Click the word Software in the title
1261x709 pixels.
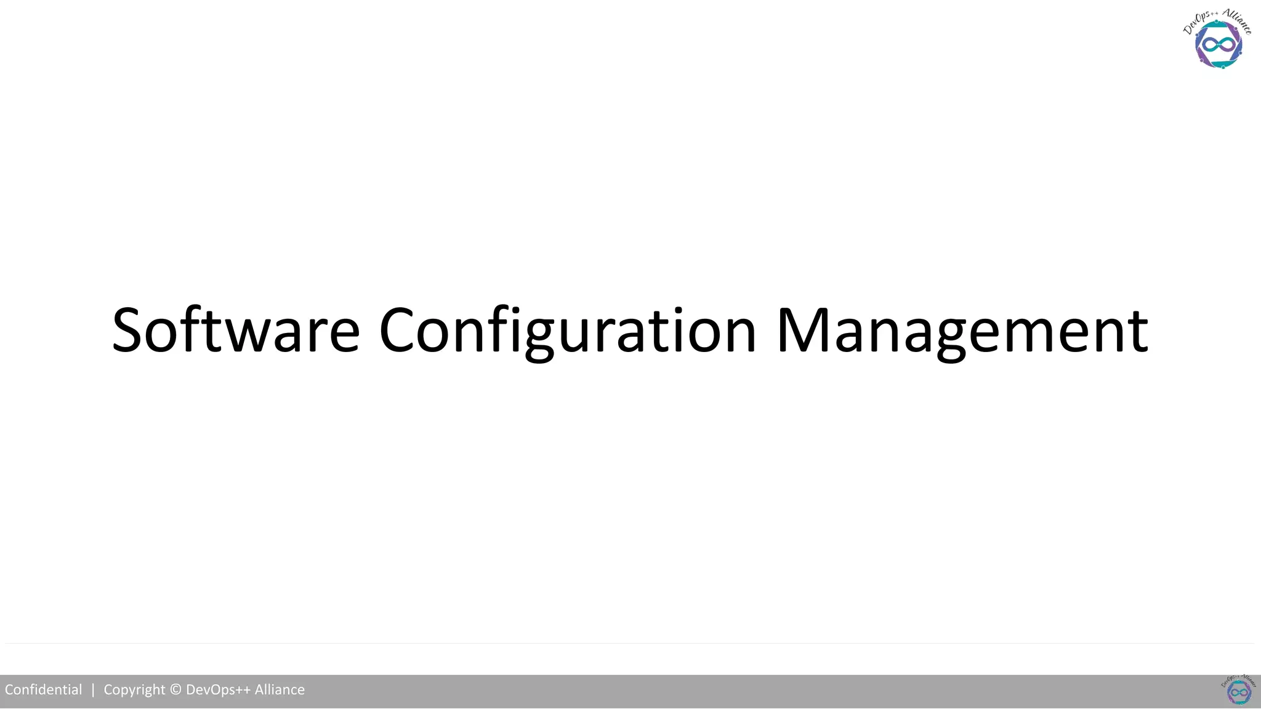point(235,330)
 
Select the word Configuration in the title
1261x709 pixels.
point(567,330)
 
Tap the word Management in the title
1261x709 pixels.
point(962,330)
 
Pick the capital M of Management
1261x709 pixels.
point(803,330)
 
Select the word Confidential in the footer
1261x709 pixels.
point(43,690)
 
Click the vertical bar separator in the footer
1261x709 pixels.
point(93,690)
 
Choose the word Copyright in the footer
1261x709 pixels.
point(134,690)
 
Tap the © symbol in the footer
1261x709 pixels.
point(175,690)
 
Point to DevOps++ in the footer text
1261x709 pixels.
point(218,690)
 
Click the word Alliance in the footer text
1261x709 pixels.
point(280,690)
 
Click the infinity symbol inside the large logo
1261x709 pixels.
point(1219,45)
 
